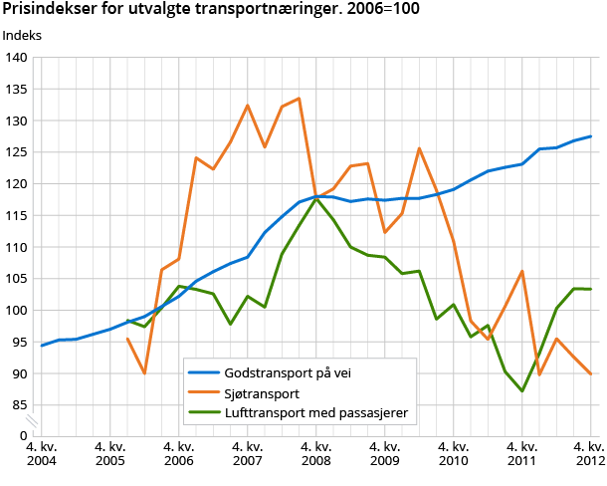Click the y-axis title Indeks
point(23,36)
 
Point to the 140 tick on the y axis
point(15,58)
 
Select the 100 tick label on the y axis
point(15,310)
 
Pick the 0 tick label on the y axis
point(22,436)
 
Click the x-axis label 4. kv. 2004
point(42,455)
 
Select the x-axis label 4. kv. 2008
point(316,455)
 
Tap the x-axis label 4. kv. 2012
point(589,455)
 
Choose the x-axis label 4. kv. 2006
point(179,455)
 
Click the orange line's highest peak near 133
point(299,99)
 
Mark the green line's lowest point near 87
point(522,391)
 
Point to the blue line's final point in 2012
point(590,136)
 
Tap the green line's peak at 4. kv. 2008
point(316,198)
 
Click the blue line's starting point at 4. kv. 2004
point(42,346)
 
